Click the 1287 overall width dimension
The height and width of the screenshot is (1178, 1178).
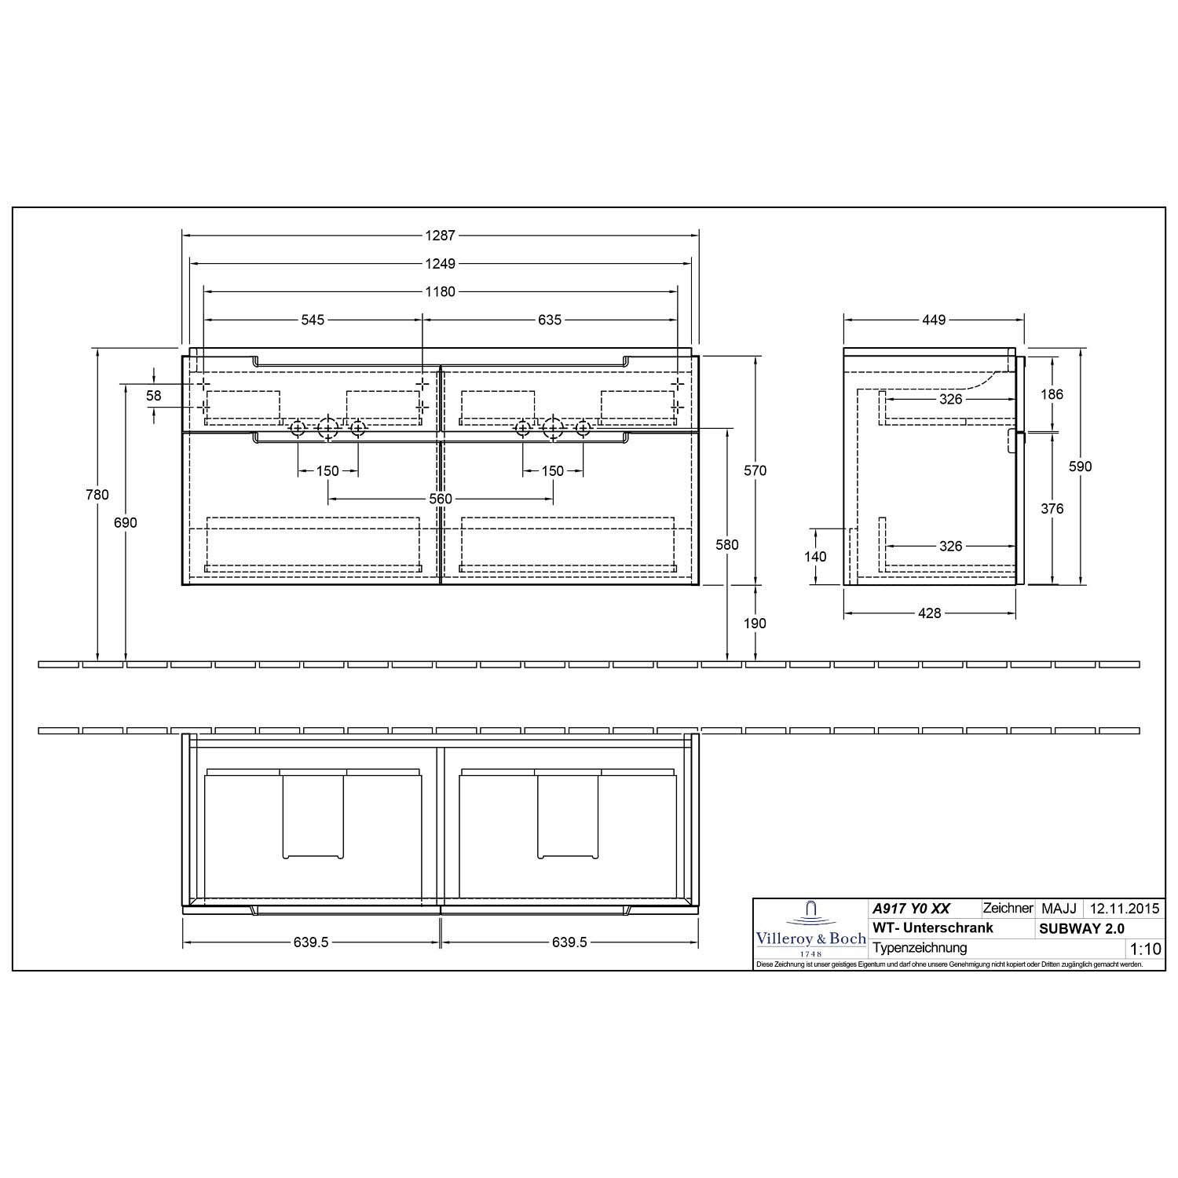coord(441,235)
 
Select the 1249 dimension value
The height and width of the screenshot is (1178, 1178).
coord(441,263)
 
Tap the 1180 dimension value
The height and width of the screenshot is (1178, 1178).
coord(441,291)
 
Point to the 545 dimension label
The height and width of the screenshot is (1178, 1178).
coord(313,320)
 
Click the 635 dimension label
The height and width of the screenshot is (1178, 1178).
coord(550,320)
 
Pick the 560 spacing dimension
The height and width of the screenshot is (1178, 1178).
coord(441,499)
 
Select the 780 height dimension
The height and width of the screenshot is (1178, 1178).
coord(98,495)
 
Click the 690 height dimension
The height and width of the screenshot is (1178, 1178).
coord(126,523)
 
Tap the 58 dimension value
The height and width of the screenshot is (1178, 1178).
coord(154,396)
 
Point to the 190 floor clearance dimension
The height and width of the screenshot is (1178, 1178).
coord(755,624)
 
